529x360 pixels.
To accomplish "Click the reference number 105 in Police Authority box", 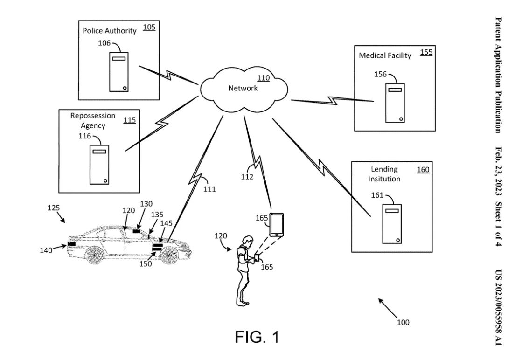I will (149, 27).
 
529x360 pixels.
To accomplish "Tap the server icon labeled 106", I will (119, 72).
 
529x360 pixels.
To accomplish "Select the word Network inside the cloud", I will (243, 88).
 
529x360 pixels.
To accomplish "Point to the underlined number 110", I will (263, 78).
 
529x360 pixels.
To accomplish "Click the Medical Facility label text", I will (385, 55).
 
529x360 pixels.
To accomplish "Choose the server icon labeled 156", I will (395, 103).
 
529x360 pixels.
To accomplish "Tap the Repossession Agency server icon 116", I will (100, 165).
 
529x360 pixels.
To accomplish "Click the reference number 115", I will (129, 120).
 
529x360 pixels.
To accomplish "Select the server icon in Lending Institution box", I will (392, 224).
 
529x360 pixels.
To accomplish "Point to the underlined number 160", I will (423, 170).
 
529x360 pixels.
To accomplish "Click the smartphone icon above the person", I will (277, 224).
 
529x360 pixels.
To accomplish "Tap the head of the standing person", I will (248, 241).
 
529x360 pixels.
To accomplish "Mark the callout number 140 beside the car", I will (46, 250).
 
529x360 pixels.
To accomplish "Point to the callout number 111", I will (209, 189).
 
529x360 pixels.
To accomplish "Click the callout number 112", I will (247, 177).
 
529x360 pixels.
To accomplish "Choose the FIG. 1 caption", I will (257, 337).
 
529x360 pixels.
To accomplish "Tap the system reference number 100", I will (403, 322).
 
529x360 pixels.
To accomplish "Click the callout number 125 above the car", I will (54, 208).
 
